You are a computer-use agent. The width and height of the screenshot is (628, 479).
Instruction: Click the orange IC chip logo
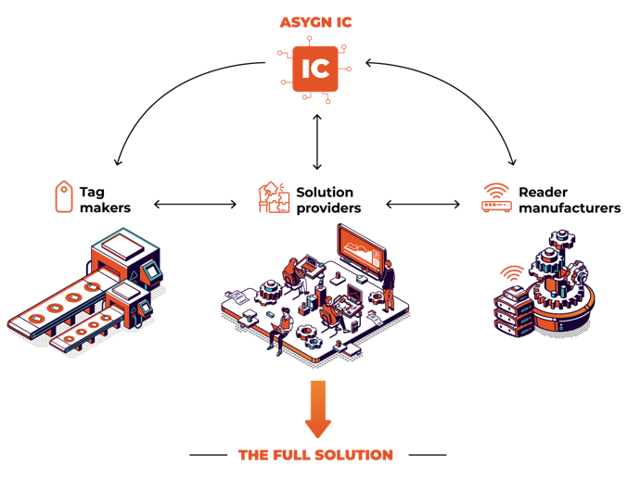click(x=315, y=69)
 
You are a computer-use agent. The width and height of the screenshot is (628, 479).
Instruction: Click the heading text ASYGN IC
click(x=315, y=21)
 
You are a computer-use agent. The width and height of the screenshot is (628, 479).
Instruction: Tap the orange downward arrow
click(x=317, y=409)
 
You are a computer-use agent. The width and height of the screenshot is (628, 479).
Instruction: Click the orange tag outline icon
click(x=63, y=196)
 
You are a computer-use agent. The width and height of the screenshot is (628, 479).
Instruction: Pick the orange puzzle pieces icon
click(x=275, y=197)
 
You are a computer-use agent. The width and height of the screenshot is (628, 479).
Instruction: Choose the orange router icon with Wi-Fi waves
click(x=496, y=197)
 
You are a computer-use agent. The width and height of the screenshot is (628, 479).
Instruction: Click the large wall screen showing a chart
click(x=360, y=249)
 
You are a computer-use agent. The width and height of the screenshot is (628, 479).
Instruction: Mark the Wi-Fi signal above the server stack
click(x=511, y=273)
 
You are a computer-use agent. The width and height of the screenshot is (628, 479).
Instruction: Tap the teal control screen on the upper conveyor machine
click(x=150, y=271)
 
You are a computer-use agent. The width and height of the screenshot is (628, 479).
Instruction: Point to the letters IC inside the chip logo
click(x=315, y=69)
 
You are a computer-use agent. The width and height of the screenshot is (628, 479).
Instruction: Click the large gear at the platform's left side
click(x=272, y=289)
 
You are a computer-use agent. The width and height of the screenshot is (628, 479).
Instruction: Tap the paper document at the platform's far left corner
click(x=234, y=297)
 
